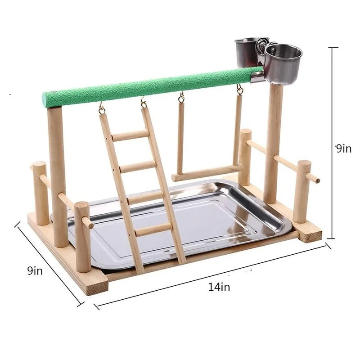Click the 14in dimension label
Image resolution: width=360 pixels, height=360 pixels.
click(219, 287)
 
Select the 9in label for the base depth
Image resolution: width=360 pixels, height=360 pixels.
click(35, 271)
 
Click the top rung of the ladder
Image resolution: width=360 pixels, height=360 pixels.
click(130, 135)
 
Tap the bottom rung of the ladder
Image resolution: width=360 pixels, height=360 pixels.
click(153, 229)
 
